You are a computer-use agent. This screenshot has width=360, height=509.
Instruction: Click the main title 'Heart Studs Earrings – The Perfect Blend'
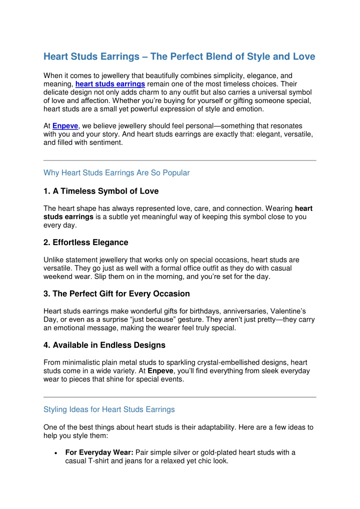click(179, 56)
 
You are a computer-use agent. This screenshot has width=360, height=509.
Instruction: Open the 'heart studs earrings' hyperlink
click(110, 83)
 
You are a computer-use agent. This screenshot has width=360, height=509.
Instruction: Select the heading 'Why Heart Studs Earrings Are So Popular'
click(117, 173)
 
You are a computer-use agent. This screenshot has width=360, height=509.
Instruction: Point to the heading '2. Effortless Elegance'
click(86, 242)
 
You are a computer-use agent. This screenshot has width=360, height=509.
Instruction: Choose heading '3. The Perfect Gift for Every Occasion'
click(116, 293)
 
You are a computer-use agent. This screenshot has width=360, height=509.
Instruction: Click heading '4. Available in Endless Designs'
click(105, 345)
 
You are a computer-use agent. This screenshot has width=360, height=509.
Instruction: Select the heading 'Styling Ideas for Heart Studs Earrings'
click(109, 409)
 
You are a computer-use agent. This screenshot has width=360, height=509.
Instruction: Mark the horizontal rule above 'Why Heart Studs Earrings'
click(180, 160)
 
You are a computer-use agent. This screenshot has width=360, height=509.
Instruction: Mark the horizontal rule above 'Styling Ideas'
click(180, 397)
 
